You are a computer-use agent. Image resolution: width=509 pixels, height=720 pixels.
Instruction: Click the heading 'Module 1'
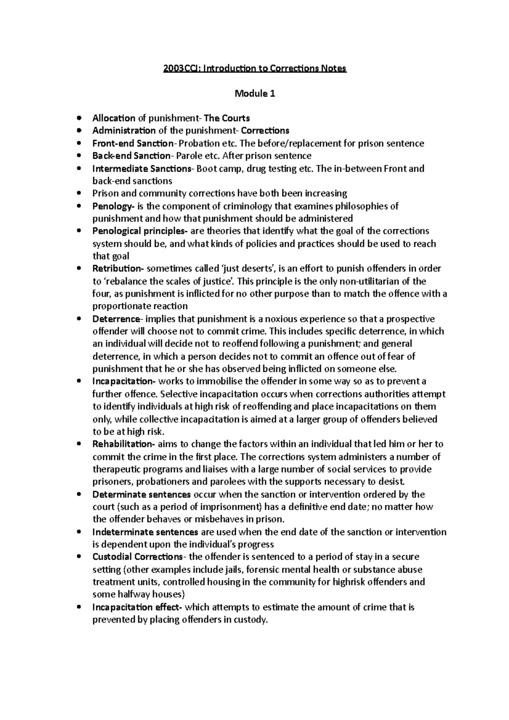(x=255, y=94)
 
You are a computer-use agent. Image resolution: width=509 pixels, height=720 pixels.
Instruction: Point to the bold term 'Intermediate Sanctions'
(x=142, y=169)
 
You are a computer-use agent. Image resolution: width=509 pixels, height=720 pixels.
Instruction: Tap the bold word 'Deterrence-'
(x=117, y=319)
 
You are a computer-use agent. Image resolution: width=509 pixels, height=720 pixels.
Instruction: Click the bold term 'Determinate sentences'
(x=142, y=494)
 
